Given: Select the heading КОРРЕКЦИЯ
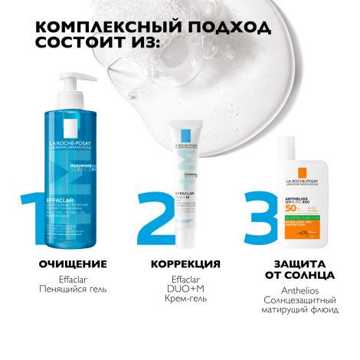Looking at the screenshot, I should pos(182,264).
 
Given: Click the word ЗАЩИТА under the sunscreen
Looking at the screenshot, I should pos(290,264).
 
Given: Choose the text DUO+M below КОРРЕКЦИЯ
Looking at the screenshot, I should pos(182,291).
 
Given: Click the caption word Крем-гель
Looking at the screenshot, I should pos(182,303).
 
